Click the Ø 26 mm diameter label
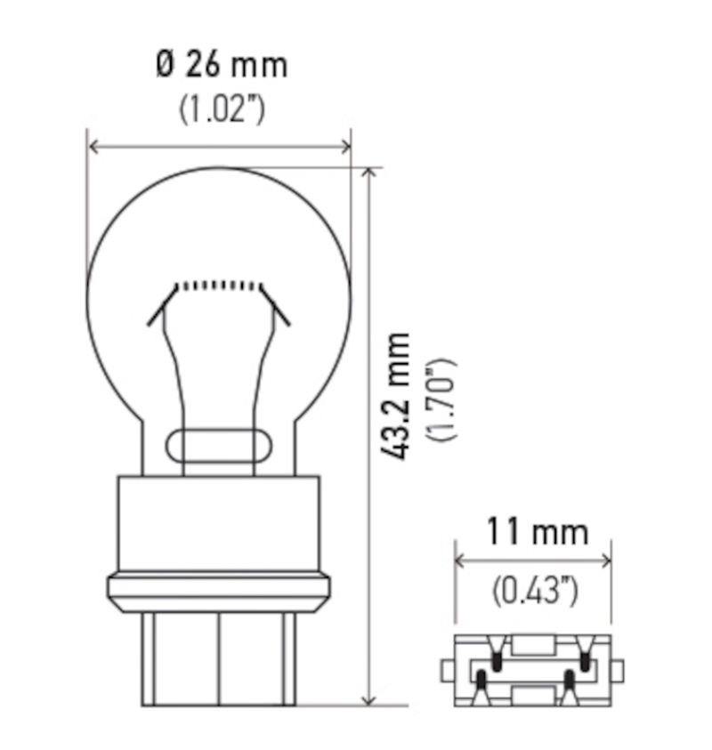coord(222,65)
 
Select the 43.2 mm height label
coord(398,395)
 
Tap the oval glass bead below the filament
coord(218,444)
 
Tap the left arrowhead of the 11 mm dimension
coord(460,560)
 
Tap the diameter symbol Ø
coord(165,65)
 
